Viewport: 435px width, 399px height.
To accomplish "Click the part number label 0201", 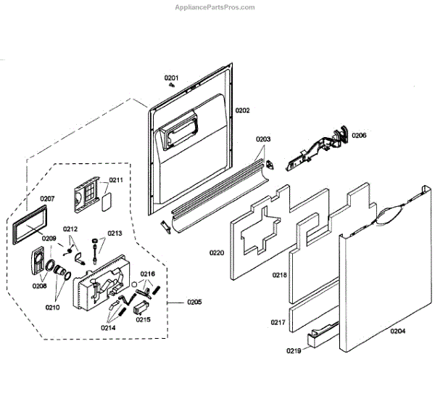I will point(171,78).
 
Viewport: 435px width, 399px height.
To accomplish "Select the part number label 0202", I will point(242,110).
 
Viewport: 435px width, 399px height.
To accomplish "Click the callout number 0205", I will point(194,302).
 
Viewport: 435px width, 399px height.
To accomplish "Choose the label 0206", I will point(360,136).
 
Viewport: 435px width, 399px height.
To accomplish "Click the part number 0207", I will point(47,198).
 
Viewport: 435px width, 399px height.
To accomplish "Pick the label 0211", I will point(116,180).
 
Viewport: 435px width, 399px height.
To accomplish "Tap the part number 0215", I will point(144,320).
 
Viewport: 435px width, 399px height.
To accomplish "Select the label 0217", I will point(279,322).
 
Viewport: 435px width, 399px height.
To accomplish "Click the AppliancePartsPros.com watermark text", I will point(215,7).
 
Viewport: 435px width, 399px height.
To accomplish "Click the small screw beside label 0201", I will point(172,86).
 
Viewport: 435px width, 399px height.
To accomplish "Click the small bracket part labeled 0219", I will point(322,335).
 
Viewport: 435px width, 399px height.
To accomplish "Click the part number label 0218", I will point(280,276).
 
